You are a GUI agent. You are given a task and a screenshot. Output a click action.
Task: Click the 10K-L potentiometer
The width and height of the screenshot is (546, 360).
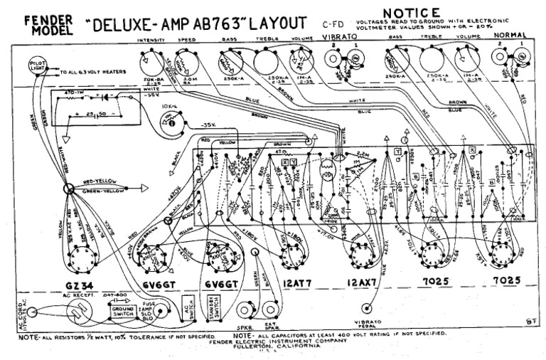pyautogui.click(x=171, y=124)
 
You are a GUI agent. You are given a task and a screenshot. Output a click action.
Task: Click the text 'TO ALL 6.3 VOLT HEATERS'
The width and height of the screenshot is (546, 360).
pyautogui.click(x=91, y=72)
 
